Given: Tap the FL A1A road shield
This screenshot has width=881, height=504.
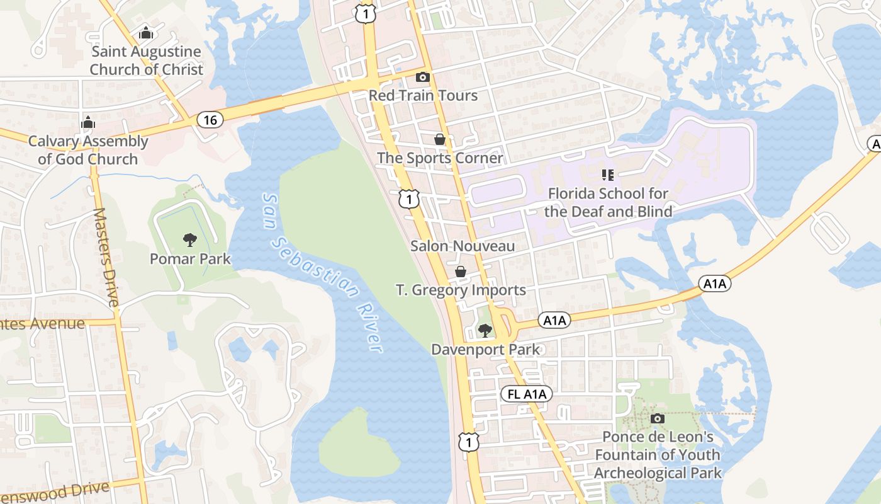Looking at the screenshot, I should (527, 394).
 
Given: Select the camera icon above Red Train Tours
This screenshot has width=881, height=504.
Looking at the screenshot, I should (423, 77).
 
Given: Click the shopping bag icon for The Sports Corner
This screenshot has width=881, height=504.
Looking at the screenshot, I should (440, 139).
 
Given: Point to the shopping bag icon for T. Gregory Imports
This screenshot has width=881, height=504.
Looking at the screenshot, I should (461, 272).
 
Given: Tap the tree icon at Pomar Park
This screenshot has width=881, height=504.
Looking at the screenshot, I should (189, 240).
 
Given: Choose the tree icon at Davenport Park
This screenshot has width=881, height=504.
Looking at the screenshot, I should (485, 330).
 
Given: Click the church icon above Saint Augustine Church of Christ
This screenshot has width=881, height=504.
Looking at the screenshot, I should (146, 33).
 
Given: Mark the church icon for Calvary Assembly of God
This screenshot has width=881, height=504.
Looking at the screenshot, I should (88, 122).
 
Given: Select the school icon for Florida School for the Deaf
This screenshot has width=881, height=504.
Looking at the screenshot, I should (607, 175).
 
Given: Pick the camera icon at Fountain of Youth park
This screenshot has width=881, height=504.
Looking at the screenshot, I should (658, 418).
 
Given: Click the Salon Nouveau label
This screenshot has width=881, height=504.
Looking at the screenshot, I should (463, 246).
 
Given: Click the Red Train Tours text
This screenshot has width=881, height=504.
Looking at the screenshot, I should (423, 96).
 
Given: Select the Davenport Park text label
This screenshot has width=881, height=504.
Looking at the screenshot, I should (485, 349).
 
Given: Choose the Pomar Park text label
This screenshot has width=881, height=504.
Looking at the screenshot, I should (190, 259).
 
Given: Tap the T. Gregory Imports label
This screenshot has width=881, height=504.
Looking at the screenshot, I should (461, 290).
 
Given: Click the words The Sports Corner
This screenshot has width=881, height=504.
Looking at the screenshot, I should (440, 158).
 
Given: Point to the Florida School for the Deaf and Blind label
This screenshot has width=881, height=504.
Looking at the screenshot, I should (608, 202).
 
